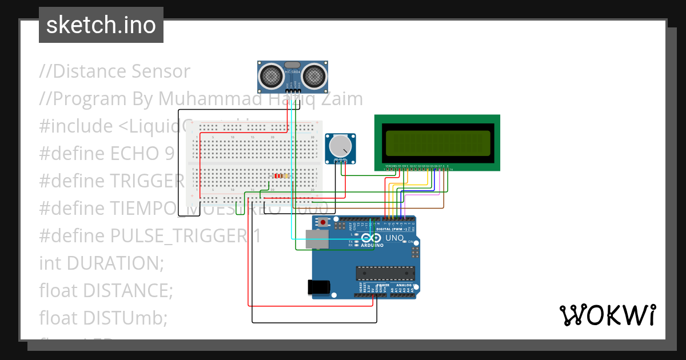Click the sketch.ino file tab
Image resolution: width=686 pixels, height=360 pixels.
pos(101,25)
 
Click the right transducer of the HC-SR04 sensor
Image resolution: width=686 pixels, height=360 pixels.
pos(313,75)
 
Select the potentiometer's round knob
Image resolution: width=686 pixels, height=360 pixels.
pos(341,147)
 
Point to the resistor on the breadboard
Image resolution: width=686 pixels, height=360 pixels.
pos(280,176)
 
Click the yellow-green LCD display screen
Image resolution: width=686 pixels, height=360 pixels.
pos(437,142)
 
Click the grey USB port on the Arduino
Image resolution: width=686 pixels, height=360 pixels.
pos(317,239)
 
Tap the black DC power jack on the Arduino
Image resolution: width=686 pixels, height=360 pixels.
pos(319,287)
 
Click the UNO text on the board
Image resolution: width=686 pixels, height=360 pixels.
pos(394,238)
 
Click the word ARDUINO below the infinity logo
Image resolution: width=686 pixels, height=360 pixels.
pos(372,245)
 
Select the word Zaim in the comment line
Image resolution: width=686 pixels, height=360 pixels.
pos(343,99)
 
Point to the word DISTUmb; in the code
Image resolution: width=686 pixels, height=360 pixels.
pos(125,318)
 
